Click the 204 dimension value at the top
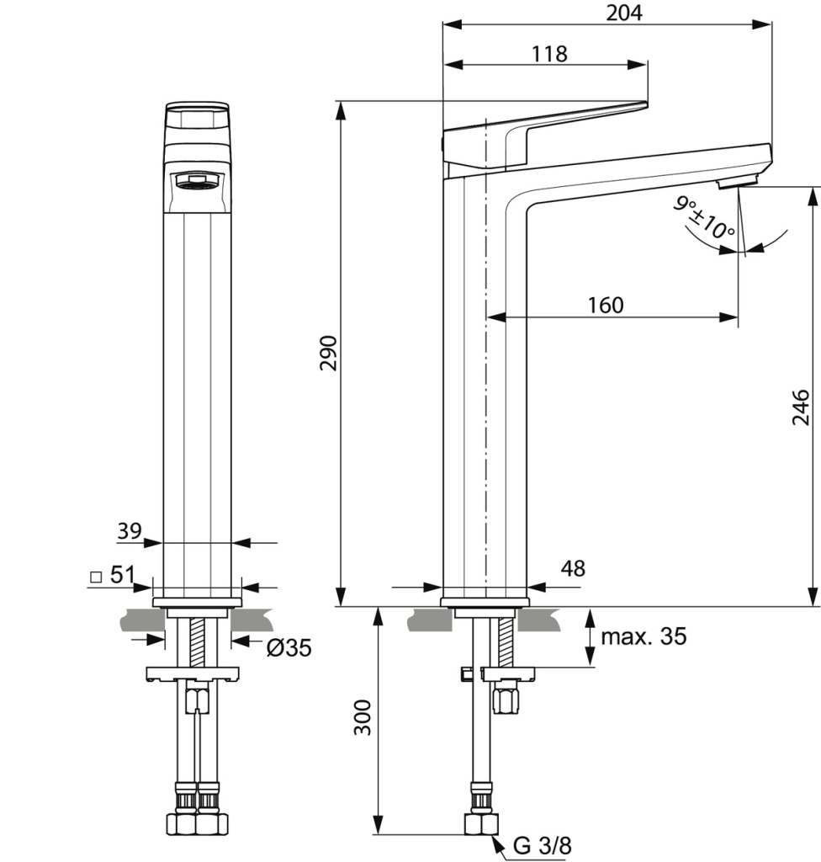(x=623, y=13)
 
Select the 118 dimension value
(x=549, y=54)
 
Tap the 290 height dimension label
(x=328, y=353)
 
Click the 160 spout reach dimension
(x=606, y=305)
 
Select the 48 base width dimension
(x=572, y=568)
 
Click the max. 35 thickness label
(x=644, y=636)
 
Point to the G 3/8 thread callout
(x=542, y=846)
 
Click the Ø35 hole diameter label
(x=289, y=647)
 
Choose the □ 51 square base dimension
(x=112, y=576)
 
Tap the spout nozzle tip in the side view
(x=738, y=182)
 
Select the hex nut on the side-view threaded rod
(x=506, y=700)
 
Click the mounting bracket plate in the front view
(x=193, y=673)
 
